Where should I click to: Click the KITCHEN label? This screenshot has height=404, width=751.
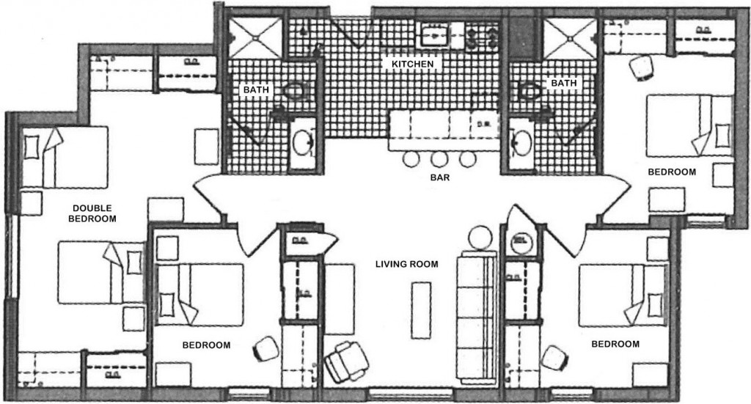tap(414, 65)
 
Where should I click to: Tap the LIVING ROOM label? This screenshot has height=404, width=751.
tap(407, 265)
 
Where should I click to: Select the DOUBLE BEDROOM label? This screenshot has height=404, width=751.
tap(92, 213)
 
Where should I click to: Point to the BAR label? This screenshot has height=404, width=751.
tap(440, 177)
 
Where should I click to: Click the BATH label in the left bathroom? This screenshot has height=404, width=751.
tap(257, 90)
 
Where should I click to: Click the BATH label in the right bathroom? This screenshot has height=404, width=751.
tap(563, 84)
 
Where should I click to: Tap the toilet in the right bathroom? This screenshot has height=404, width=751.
tap(528, 91)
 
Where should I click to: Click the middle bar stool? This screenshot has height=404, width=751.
tap(439, 158)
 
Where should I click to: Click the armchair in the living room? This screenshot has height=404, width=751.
tap(345, 361)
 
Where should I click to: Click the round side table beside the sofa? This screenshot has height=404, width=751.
tap(480, 238)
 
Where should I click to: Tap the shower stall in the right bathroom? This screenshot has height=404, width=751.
tap(571, 37)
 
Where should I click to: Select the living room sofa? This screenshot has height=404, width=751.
tap(477, 315)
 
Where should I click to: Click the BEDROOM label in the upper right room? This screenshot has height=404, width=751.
tap(671, 172)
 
